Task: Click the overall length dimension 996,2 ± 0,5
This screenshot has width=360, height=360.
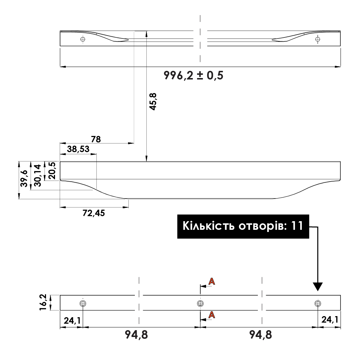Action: click(x=193, y=76)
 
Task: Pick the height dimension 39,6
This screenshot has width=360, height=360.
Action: click(x=24, y=178)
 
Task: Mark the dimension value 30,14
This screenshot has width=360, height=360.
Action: click(x=37, y=175)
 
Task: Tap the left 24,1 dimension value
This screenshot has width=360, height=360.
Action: click(x=72, y=320)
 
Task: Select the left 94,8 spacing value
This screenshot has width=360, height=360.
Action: click(x=136, y=335)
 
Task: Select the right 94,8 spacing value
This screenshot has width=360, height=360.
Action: click(x=260, y=335)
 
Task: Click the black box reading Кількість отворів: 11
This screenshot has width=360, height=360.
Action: click(x=243, y=226)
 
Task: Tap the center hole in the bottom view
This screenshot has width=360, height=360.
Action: click(x=200, y=304)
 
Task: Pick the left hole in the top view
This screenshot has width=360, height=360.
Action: click(x=83, y=39)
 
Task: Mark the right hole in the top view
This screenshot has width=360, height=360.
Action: click(x=317, y=39)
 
